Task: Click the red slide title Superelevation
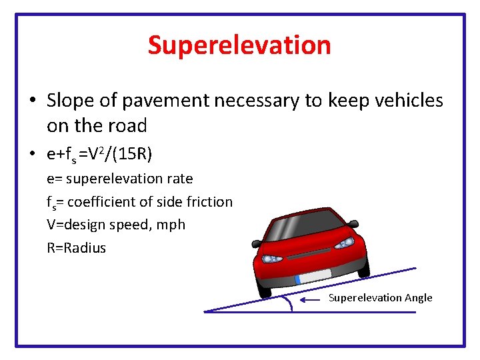point(239,45)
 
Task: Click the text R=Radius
point(76,248)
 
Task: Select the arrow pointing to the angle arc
point(311,299)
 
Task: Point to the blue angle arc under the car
point(289,303)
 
